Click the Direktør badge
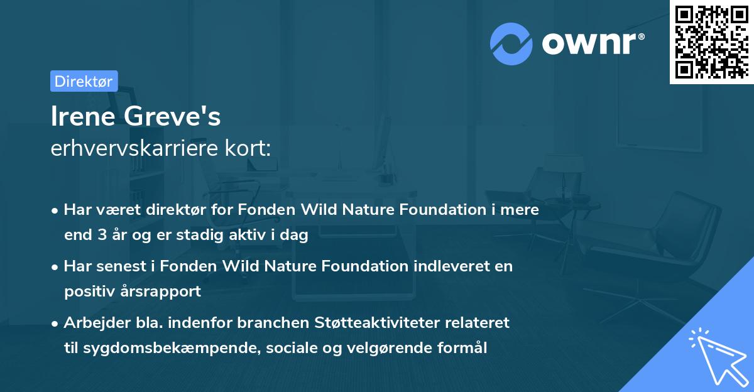tap(84, 81)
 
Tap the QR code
tap(711, 42)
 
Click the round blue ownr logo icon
tap(511, 43)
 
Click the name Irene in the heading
tap(81, 117)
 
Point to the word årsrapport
tap(166, 291)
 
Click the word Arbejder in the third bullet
tap(92, 323)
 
